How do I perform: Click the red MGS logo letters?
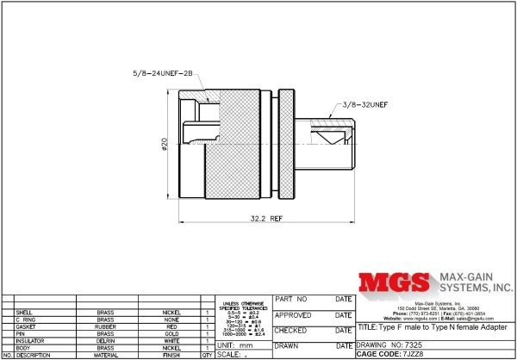(392, 284)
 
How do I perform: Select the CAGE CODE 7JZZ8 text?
(399, 353)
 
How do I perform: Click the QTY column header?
(207, 354)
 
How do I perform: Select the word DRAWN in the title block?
(285, 344)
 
